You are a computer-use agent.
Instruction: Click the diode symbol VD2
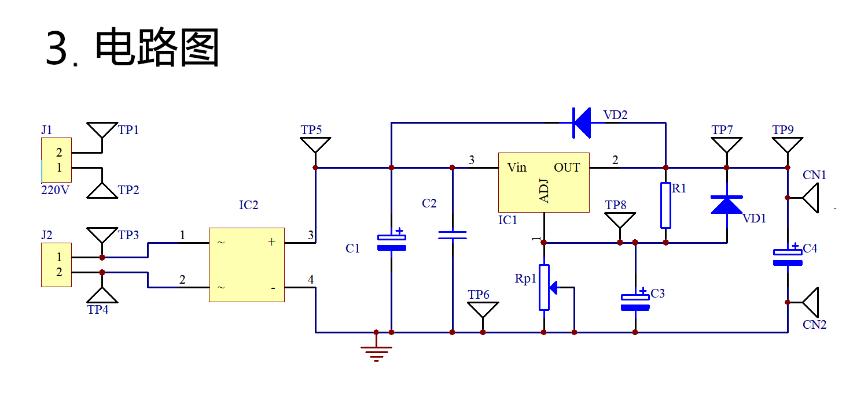coord(581,122)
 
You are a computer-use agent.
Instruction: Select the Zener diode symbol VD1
coord(727,205)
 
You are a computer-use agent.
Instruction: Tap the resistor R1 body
coord(665,205)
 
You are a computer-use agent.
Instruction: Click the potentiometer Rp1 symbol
coord(545,287)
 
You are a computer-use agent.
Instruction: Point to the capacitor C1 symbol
coord(391,242)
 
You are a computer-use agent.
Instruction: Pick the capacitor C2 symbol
coord(452,235)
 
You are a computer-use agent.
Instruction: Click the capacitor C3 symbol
coord(635,302)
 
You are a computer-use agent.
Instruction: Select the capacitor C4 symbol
coord(788,257)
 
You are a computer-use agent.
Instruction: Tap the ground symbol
coord(376,351)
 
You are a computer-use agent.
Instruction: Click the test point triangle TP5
coord(315,144)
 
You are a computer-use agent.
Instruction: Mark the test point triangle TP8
coord(620,220)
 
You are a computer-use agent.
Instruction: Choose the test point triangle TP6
coord(483,310)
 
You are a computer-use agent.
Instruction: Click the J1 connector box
coord(56,160)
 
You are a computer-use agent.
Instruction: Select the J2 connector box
coord(56,265)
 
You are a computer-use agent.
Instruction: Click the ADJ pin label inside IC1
coord(544,191)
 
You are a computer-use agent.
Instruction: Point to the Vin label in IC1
coord(517,168)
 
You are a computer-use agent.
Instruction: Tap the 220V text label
coord(55,190)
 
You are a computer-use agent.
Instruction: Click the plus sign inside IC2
coord(271,242)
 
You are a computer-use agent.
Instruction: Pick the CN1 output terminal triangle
coord(811,198)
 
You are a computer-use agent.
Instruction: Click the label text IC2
coord(248,205)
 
